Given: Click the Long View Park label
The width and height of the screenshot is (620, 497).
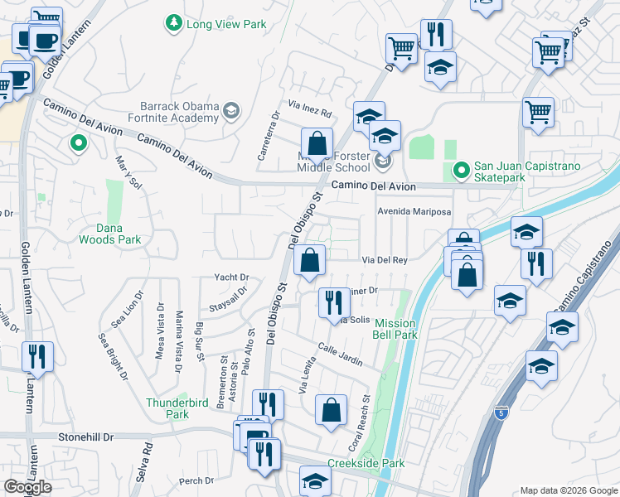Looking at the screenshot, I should coord(226,25).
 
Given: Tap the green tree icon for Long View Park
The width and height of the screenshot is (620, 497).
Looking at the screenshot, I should coord(174,23).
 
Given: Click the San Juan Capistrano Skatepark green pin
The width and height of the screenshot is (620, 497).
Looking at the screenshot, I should coord(461,171).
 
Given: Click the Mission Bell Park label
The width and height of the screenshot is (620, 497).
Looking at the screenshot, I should coord(395,329).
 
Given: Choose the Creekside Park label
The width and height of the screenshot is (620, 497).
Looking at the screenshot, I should coord(366,464).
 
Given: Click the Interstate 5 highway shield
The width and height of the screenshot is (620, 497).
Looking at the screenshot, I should coord(501,412).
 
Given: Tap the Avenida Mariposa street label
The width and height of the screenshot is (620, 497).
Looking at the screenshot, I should coord(414,211).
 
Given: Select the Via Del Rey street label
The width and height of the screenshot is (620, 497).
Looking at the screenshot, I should coord(385,260).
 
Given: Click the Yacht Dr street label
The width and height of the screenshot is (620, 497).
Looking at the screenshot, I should coord(232,277).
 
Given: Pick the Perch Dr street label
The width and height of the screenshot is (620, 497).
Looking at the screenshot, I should coord(196,480).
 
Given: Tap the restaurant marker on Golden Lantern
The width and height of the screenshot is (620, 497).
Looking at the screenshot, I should coord(38,356).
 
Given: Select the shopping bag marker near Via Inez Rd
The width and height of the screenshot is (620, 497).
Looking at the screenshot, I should coord(317,142).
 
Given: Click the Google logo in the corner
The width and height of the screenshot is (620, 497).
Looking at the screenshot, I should coord(27,487).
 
